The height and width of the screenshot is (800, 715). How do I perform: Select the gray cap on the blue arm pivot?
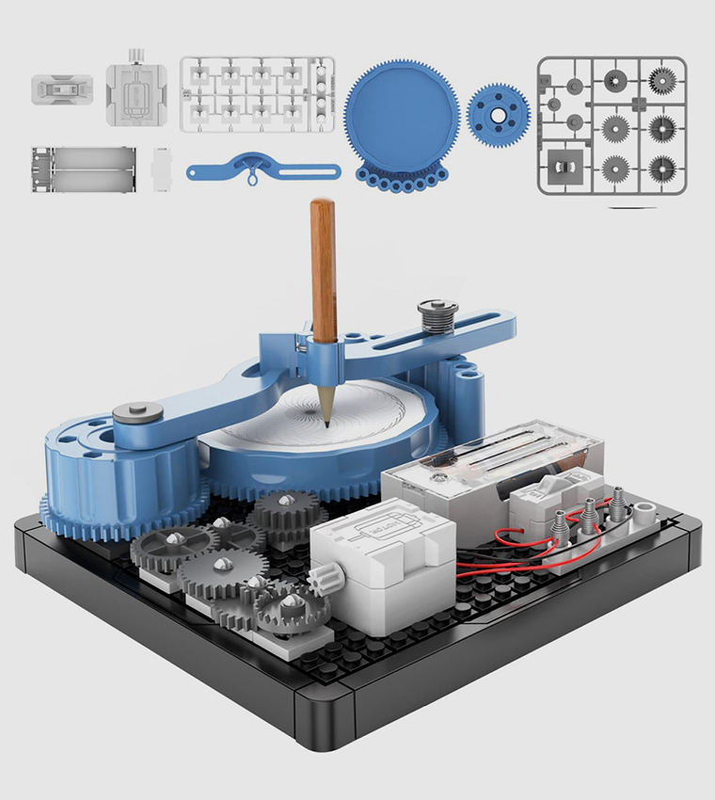(x=134, y=412)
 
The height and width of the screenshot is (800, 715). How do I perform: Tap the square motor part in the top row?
(x=135, y=92)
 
